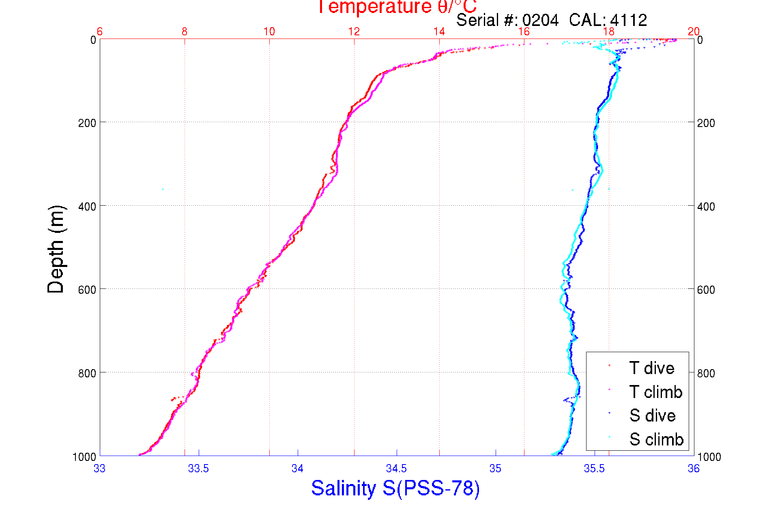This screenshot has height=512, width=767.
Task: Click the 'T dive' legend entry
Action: pyautogui.click(x=651, y=368)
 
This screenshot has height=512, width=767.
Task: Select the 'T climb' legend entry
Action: pyautogui.click(x=655, y=392)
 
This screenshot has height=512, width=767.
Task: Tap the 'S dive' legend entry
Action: pyautogui.click(x=652, y=415)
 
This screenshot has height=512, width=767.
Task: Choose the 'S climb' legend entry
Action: pyautogui.click(x=656, y=439)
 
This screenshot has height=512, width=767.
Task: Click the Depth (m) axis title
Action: pyautogui.click(x=56, y=249)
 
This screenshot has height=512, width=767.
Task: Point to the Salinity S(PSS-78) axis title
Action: pyautogui.click(x=395, y=488)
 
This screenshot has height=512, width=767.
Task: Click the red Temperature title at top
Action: pyautogui.click(x=397, y=6)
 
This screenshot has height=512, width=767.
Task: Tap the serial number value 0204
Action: pyautogui.click(x=540, y=20)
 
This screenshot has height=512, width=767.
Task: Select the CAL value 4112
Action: pyautogui.click(x=628, y=20)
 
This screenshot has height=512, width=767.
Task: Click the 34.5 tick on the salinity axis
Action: pyautogui.click(x=396, y=469)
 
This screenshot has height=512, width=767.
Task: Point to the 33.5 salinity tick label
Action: pyautogui.click(x=198, y=469)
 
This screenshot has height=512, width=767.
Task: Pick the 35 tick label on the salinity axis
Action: pyautogui.click(x=495, y=469)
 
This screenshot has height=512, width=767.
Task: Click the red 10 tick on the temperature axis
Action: pyautogui.click(x=269, y=32)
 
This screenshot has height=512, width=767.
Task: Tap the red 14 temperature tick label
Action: pyautogui.click(x=439, y=32)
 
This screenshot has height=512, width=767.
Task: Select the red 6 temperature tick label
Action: pyautogui.click(x=100, y=32)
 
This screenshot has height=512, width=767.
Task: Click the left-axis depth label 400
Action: pyautogui.click(x=87, y=207)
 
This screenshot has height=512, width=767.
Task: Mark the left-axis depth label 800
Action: pyautogui.click(x=87, y=373)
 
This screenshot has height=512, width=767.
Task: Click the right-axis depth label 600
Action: pyautogui.click(x=706, y=290)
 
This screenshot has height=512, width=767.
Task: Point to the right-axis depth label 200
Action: pyautogui.click(x=706, y=123)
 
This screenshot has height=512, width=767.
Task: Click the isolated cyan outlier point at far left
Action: pyautogui.click(x=163, y=189)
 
